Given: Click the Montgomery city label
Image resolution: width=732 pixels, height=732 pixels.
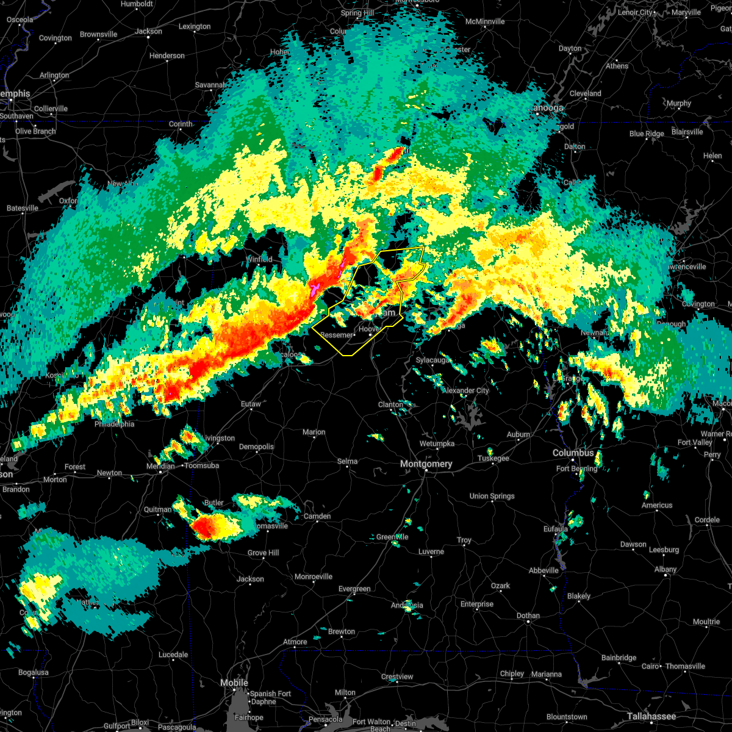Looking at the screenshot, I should (x=426, y=464).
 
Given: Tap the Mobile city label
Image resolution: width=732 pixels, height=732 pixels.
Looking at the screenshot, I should (x=234, y=683).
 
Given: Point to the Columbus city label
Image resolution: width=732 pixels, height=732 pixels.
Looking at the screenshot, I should (x=573, y=453).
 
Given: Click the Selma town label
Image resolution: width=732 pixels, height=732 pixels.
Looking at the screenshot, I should (x=347, y=461).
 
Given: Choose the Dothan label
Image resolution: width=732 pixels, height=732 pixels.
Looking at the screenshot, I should (x=528, y=615).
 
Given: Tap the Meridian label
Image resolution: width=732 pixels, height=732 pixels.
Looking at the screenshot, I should (x=160, y=466).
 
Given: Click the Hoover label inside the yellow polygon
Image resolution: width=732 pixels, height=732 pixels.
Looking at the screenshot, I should (x=370, y=329).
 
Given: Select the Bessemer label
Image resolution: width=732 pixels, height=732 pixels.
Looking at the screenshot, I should (x=337, y=335).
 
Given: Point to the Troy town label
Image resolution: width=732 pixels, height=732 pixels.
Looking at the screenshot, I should (x=464, y=540).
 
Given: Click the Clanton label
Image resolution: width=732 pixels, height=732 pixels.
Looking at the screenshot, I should (x=390, y=404).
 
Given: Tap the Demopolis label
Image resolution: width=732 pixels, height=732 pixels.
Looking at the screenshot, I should (x=256, y=447).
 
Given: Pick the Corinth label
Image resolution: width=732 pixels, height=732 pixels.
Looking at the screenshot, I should (x=181, y=124).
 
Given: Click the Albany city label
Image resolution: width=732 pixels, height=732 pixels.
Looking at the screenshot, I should (x=665, y=569).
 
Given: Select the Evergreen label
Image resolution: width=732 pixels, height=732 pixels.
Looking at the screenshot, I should (x=354, y=589).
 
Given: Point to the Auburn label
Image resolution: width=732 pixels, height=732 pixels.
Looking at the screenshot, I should (x=518, y=434).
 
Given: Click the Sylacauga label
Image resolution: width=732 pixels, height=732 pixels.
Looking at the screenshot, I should (x=432, y=360).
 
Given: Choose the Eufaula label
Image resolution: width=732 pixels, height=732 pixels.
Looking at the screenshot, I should (x=555, y=529).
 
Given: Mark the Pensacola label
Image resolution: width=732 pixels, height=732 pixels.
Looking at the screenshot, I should (x=325, y=719).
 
